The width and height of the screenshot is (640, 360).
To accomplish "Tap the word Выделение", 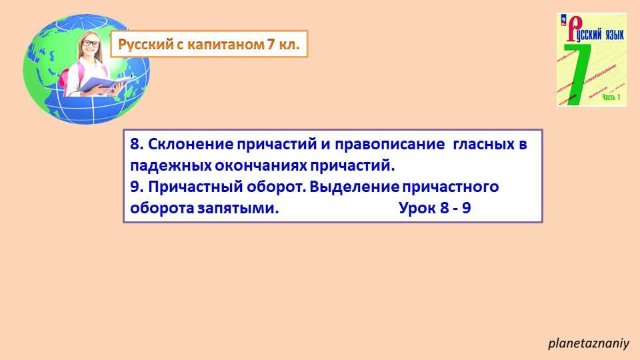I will point(345,187).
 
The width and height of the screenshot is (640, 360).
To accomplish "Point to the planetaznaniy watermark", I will point(589,344).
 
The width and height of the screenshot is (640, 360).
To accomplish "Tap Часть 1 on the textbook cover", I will point(611,98).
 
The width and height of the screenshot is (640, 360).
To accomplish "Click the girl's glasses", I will point(91,45).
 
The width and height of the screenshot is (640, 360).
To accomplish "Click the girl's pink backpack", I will point(65,77).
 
